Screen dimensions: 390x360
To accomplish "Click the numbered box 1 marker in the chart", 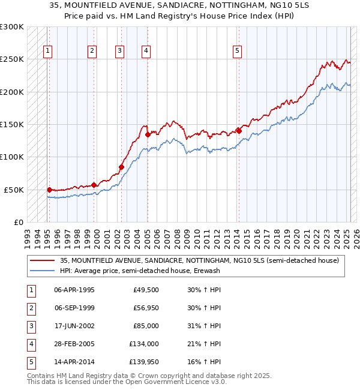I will click(x=47, y=51).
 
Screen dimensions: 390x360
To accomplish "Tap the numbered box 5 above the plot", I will click(x=238, y=51).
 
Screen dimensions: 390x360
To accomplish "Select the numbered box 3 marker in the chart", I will click(x=120, y=51).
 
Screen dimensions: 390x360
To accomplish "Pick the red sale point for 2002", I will click(x=121, y=167).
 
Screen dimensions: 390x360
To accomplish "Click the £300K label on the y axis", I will click(x=12, y=28).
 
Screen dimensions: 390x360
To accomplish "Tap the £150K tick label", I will click(x=12, y=125).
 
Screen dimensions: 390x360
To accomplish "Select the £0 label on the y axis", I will click(x=18, y=223).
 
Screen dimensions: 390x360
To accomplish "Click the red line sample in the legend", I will click(x=42, y=261).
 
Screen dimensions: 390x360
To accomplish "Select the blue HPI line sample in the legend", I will click(x=42, y=271).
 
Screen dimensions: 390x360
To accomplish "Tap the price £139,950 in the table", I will click(x=143, y=362).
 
